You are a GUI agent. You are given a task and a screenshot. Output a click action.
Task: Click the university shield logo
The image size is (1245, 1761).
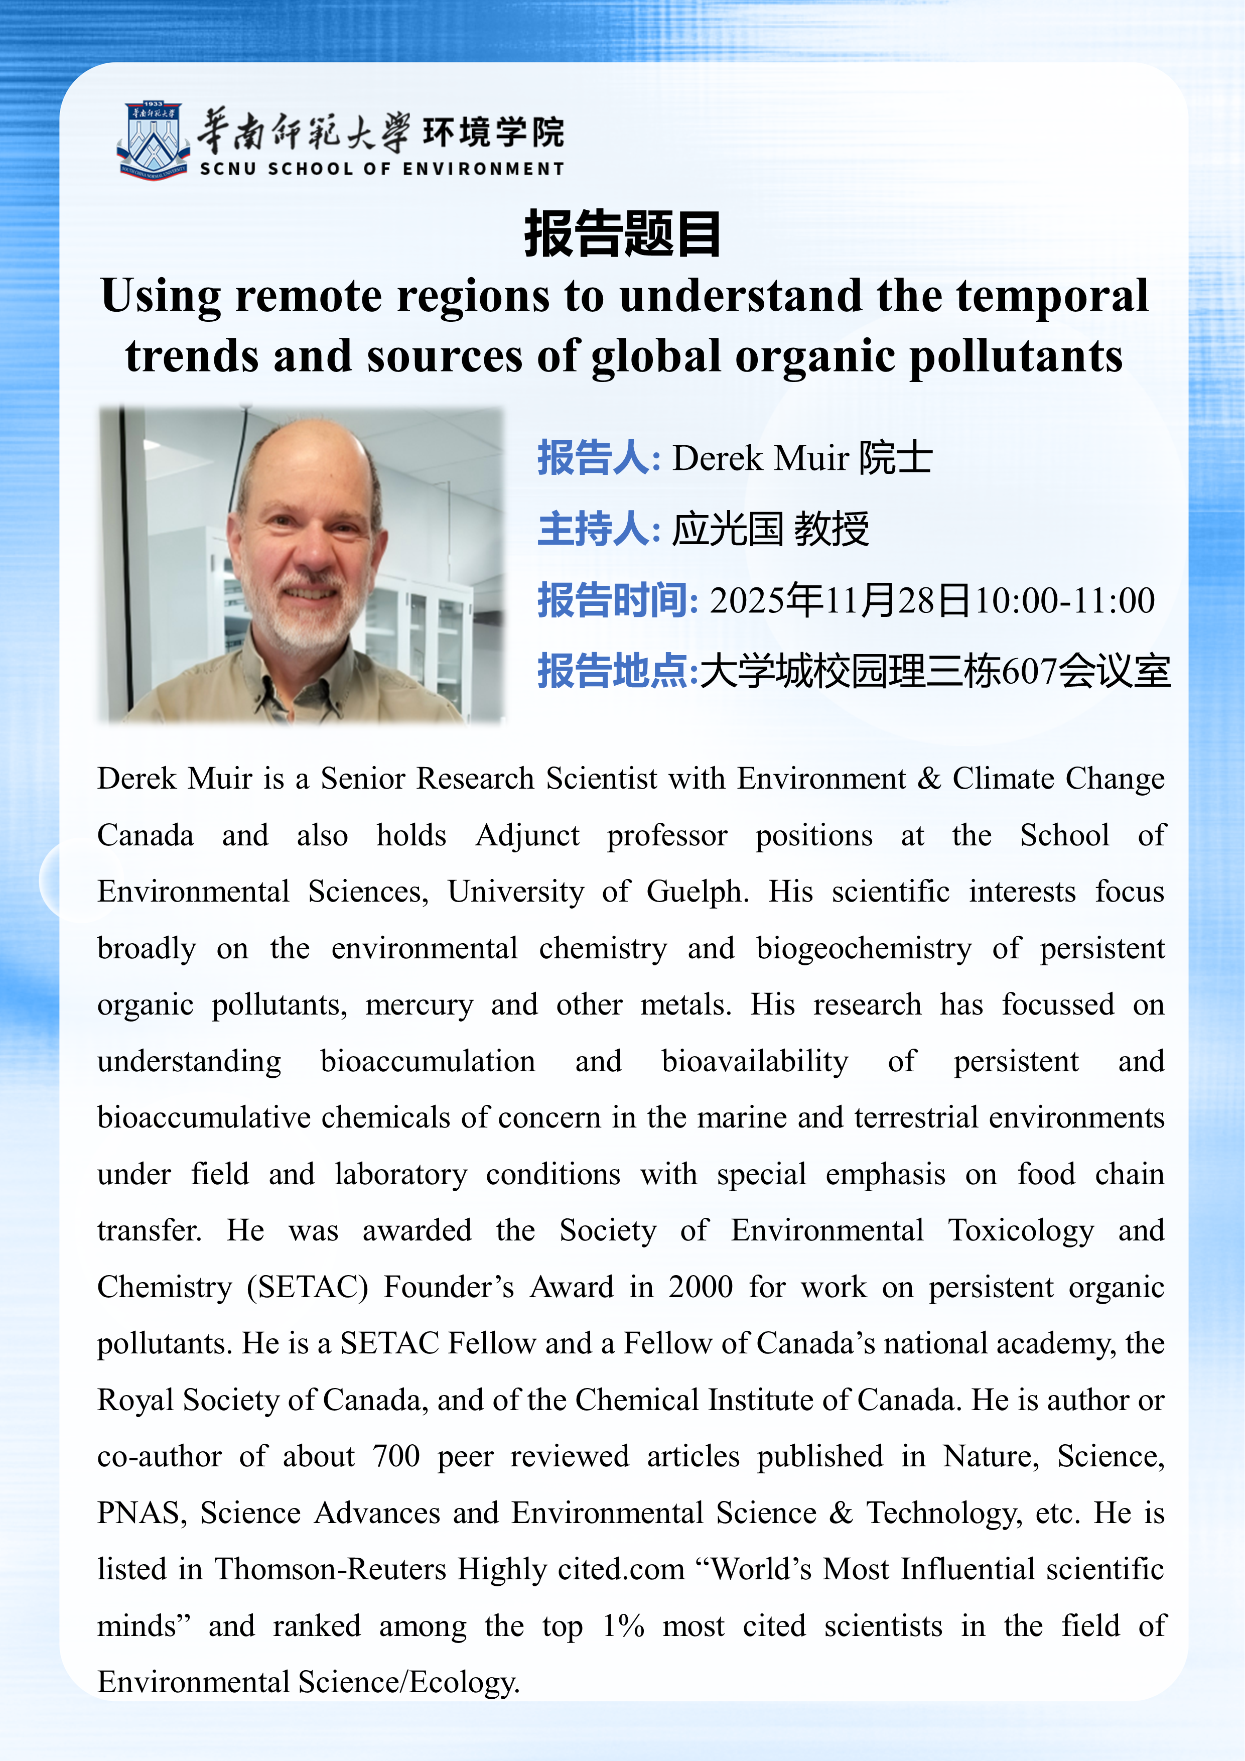click(154, 141)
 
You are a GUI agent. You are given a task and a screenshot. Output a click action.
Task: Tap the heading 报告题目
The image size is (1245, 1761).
click(622, 234)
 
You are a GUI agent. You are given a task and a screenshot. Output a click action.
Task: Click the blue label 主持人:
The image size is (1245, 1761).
click(599, 529)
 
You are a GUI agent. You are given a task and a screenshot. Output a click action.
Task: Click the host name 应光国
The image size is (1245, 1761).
click(728, 529)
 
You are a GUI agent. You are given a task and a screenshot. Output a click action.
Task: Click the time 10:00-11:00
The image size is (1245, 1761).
click(1064, 600)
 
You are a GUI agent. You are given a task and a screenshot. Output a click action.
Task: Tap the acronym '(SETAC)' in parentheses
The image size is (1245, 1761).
click(308, 1287)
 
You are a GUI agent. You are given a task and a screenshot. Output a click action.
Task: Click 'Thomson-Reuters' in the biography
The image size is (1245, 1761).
click(330, 1569)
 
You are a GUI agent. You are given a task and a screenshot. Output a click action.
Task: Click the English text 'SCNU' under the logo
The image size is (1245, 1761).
click(228, 169)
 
